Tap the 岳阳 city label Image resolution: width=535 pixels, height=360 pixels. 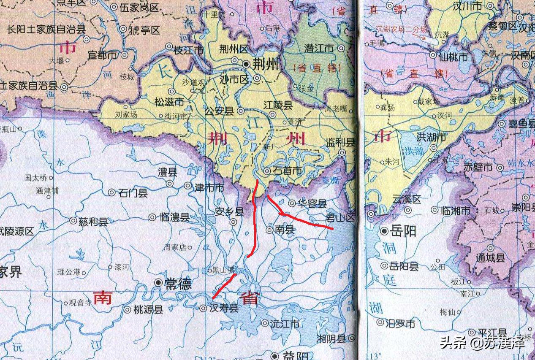[x=404, y=231]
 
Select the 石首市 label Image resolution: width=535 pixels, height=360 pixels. [x=288, y=171]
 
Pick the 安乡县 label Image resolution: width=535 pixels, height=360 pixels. [x=229, y=211]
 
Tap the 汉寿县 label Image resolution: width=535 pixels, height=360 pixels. [x=224, y=308]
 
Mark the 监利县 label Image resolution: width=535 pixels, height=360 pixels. [x=340, y=143]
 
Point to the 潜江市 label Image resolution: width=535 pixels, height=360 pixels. [x=319, y=49]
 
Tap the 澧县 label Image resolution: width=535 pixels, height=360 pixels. [x=168, y=172]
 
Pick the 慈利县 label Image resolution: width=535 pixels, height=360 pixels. [x=93, y=221]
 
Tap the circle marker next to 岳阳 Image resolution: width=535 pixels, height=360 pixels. [x=384, y=231]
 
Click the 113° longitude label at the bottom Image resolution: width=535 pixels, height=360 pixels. [x=373, y=355]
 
